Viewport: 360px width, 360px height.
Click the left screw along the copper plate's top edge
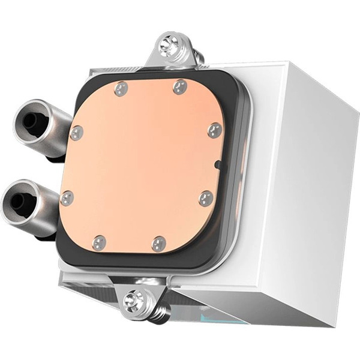point(121,89)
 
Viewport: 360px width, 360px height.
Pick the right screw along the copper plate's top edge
point(180,87)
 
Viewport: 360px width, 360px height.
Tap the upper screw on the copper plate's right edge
point(214,130)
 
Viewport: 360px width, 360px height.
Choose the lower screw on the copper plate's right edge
point(205,199)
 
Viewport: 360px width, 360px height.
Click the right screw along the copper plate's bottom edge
point(158,243)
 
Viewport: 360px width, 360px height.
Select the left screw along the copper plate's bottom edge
point(100,243)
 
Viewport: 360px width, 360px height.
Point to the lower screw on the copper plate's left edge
point(67,198)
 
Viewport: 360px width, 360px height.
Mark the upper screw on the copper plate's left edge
point(76,133)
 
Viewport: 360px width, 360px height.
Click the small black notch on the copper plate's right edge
point(218,163)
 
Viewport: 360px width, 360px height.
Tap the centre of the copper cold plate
point(141,165)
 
